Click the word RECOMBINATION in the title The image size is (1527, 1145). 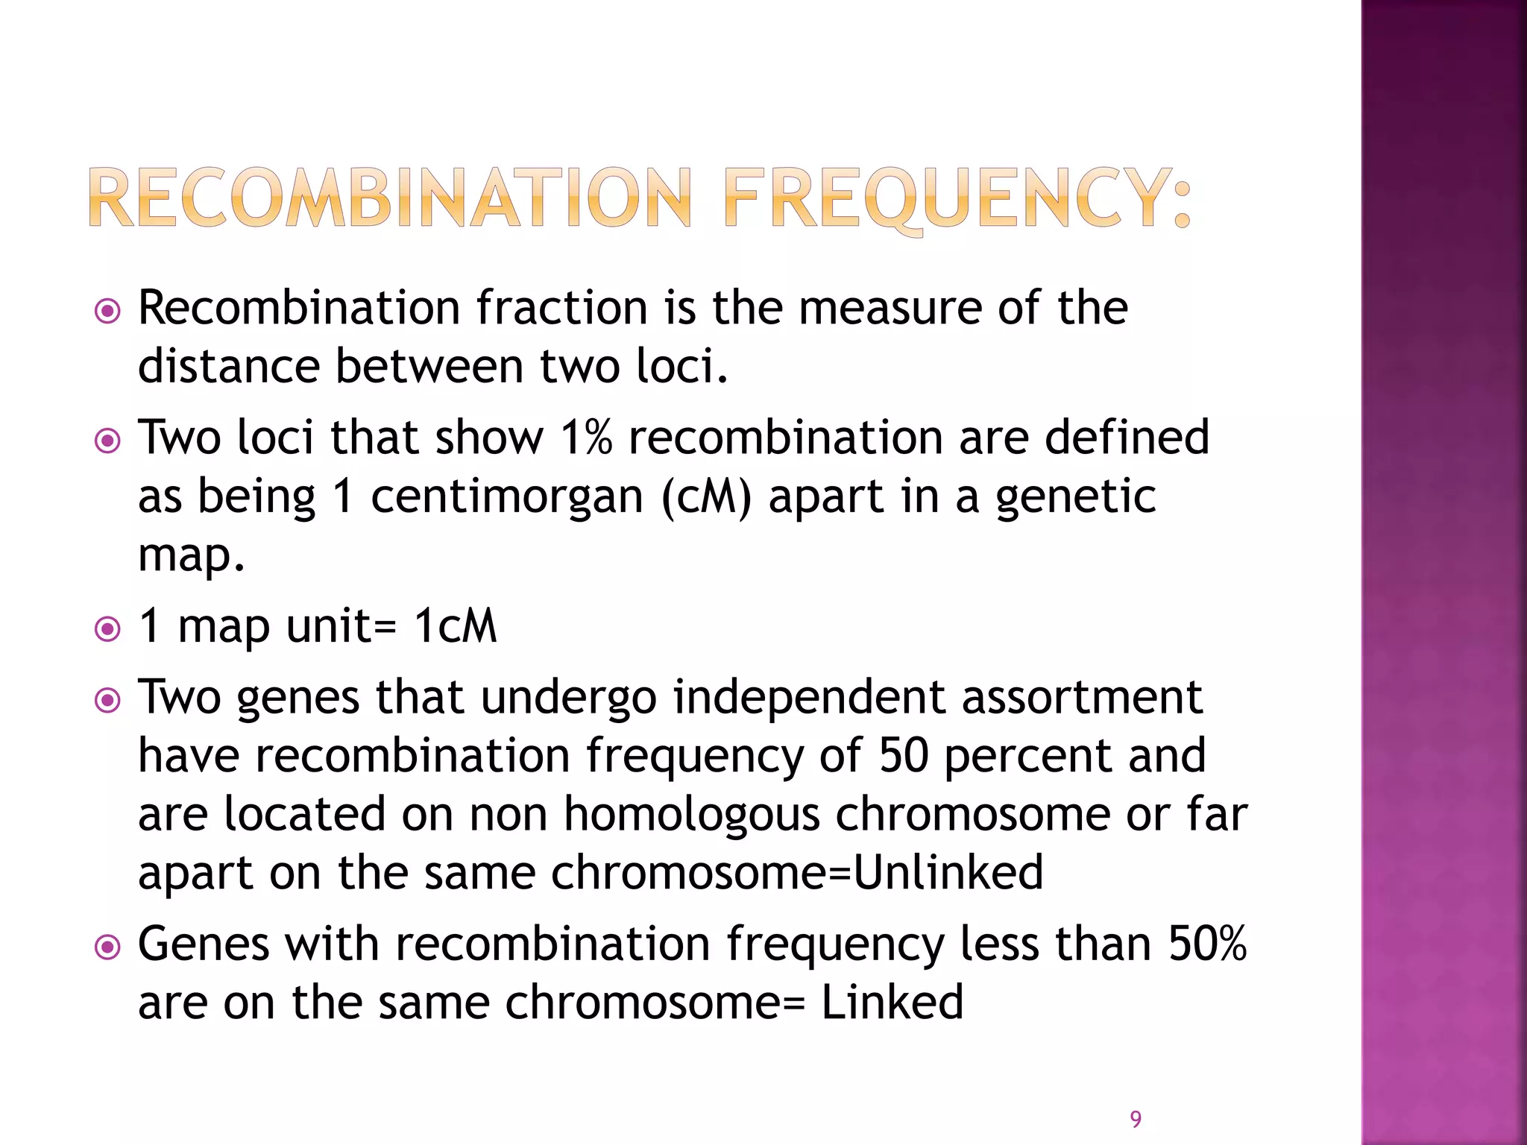click(x=391, y=198)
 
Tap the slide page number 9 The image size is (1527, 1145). click(x=1136, y=1119)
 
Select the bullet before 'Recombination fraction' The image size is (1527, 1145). click(x=108, y=311)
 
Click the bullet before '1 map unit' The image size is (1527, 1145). click(x=108, y=629)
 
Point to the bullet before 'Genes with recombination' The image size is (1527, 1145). click(x=108, y=947)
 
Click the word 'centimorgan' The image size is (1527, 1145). click(x=506, y=496)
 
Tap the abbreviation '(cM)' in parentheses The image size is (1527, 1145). click(x=706, y=496)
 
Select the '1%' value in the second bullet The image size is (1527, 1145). click(x=586, y=438)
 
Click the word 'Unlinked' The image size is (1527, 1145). click(x=948, y=872)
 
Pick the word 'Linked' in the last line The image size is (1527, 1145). click(x=892, y=1002)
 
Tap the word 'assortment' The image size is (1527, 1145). click(x=1081, y=698)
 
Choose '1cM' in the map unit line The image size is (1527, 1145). click(x=456, y=626)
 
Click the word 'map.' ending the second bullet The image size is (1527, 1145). click(x=192, y=556)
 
